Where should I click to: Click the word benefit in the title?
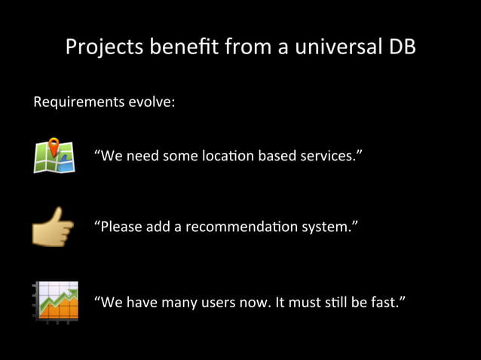(x=181, y=47)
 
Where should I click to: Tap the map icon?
(x=54, y=156)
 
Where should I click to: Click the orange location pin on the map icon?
(x=54, y=145)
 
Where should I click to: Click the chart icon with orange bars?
(x=55, y=302)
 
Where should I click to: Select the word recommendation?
(x=244, y=227)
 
